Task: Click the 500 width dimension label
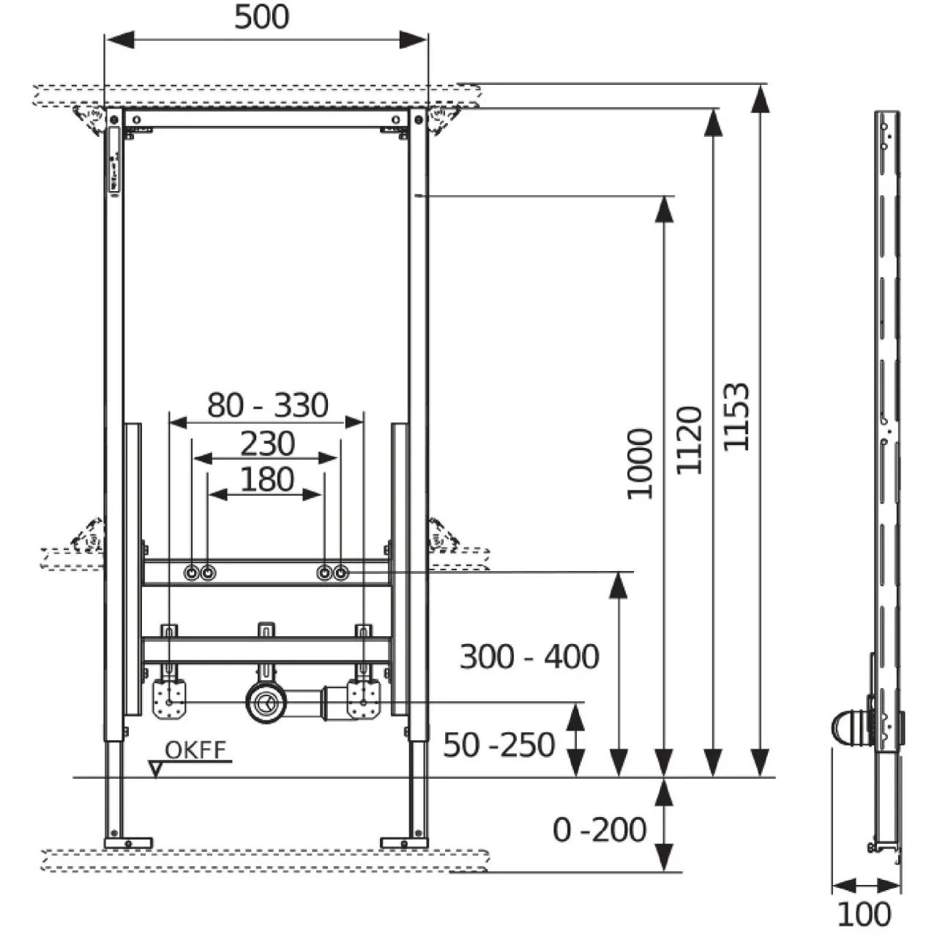pos(261,18)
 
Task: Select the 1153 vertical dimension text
pos(736,417)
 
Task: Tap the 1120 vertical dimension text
pos(689,441)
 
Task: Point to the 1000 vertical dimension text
pos(640,464)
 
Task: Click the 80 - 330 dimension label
pos(267,405)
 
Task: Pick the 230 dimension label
pos(267,444)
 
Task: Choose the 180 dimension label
pos(267,480)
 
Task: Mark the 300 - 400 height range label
pos(529,657)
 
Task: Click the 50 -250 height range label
pos(499,745)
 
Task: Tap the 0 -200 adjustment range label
pos(600,830)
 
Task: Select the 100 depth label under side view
pos(864,914)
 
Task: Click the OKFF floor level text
pos(195,750)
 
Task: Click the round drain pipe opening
pos(264,703)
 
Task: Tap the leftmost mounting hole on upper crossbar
pos(193,573)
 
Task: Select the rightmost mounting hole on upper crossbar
pos(340,573)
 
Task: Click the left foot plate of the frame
pos(128,843)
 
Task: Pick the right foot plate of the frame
pos(405,843)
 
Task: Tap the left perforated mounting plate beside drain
pos(171,701)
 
